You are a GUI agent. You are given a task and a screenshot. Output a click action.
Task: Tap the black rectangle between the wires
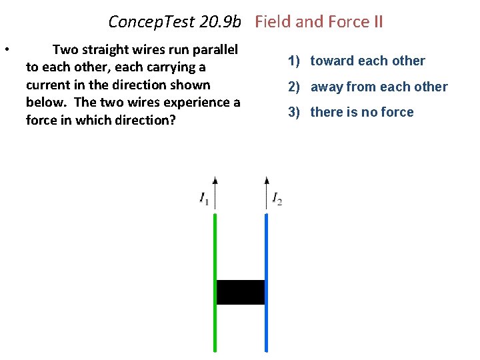tap(241, 292)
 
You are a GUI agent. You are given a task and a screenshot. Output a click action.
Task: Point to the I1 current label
tap(204, 198)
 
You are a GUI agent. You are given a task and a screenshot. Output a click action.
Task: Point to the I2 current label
tap(277, 198)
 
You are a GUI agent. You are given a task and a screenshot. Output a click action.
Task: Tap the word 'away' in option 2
tap(327, 87)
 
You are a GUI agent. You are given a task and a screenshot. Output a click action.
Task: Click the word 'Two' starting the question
tap(65, 49)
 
